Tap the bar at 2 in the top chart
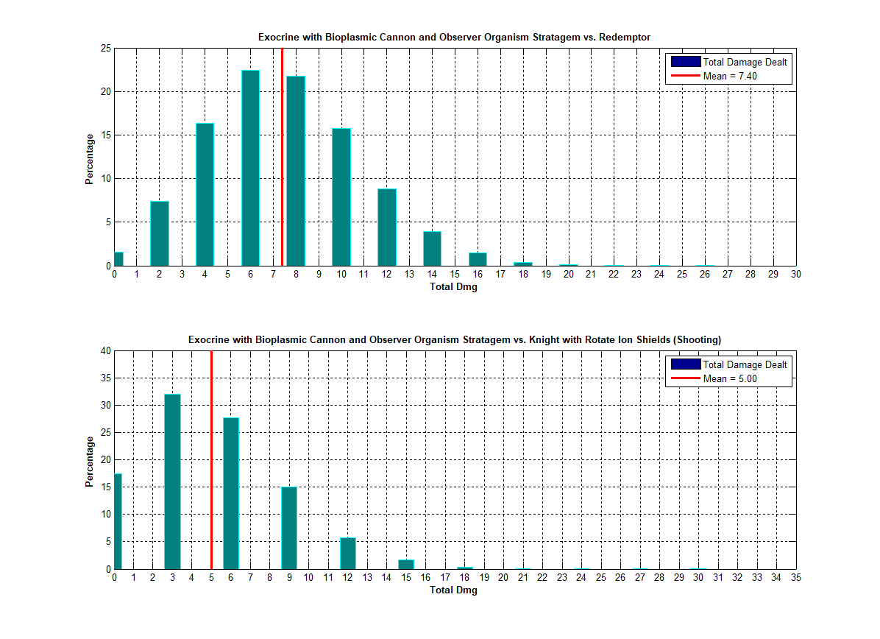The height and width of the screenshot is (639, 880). coord(160,233)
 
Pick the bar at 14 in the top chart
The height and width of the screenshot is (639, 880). coord(432,249)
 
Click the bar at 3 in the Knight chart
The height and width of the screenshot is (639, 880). coord(172,481)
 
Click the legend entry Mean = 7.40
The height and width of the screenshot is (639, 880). coord(729,76)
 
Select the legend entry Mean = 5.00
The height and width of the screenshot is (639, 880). coord(729,378)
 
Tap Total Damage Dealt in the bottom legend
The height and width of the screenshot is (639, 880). coord(744,364)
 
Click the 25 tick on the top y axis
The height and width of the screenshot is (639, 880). coord(106,49)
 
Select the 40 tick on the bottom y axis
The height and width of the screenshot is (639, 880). coord(106,351)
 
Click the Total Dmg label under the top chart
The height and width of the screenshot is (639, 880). coord(453,287)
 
